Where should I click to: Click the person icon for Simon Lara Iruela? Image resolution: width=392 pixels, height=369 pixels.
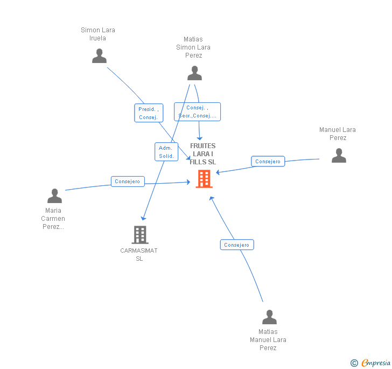coord(99,56)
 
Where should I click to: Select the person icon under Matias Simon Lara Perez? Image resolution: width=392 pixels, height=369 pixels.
coord(194,73)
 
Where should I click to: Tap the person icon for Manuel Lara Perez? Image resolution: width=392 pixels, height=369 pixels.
coord(339,156)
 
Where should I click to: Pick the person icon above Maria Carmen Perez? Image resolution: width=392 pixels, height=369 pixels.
coord(54,196)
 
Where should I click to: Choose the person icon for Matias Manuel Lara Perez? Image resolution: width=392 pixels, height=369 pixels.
coord(269,317)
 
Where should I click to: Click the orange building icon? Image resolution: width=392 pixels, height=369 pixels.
coord(204,179)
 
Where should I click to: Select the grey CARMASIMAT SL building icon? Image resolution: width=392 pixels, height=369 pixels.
coord(139,235)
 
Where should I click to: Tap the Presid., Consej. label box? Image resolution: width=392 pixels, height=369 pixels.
coord(148,113)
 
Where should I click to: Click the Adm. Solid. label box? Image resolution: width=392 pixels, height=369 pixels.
coord(166,152)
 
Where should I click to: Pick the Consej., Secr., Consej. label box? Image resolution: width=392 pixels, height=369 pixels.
coord(197,112)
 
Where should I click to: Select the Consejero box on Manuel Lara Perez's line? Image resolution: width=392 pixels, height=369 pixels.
coord(268,162)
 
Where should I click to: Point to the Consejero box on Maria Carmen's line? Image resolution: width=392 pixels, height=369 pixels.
coord(128,182)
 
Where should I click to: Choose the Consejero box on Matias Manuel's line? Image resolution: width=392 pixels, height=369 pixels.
coord(237,245)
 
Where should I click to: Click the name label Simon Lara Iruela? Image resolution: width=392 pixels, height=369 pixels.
coord(98,34)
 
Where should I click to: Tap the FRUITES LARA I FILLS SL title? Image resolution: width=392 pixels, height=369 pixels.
coord(203,154)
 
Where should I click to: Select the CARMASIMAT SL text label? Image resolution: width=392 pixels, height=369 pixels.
coord(139,254)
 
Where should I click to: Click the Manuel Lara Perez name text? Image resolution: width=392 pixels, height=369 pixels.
coord(338,134)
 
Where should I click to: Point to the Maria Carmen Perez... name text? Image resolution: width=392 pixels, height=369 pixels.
coord(53,218)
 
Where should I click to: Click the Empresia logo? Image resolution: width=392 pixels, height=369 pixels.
coord(376,363)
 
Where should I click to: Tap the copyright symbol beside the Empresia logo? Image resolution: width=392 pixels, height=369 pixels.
coord(354,363)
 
